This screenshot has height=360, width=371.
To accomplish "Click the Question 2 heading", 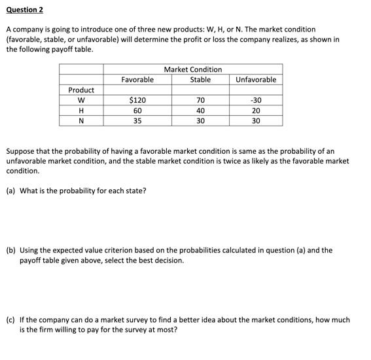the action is click(27, 10).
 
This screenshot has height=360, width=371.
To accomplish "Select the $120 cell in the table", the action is click(137, 100).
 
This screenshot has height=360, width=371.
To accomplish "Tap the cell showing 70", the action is click(200, 100).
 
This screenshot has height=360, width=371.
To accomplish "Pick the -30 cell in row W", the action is click(256, 100).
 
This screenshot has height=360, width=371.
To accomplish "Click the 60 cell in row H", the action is click(137, 111).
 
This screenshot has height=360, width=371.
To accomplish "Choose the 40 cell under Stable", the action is click(200, 111).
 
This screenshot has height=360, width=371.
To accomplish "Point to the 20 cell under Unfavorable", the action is click(256, 111).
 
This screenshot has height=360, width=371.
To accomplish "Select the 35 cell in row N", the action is click(137, 121).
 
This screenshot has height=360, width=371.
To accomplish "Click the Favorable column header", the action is click(137, 80).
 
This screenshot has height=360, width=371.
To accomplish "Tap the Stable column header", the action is click(200, 80).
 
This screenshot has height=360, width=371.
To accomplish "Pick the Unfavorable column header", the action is click(256, 80).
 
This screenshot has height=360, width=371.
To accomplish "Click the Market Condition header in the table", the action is click(193, 69).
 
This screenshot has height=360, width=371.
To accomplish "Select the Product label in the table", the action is click(81, 90).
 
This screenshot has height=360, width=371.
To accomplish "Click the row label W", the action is click(81, 100).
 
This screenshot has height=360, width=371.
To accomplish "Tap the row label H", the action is click(81, 111).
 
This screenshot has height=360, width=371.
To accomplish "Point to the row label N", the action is click(81, 121).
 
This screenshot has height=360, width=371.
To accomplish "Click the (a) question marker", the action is click(11, 190).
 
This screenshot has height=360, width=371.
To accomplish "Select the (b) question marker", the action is click(11, 250).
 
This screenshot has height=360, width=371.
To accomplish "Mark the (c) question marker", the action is click(11, 320).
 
